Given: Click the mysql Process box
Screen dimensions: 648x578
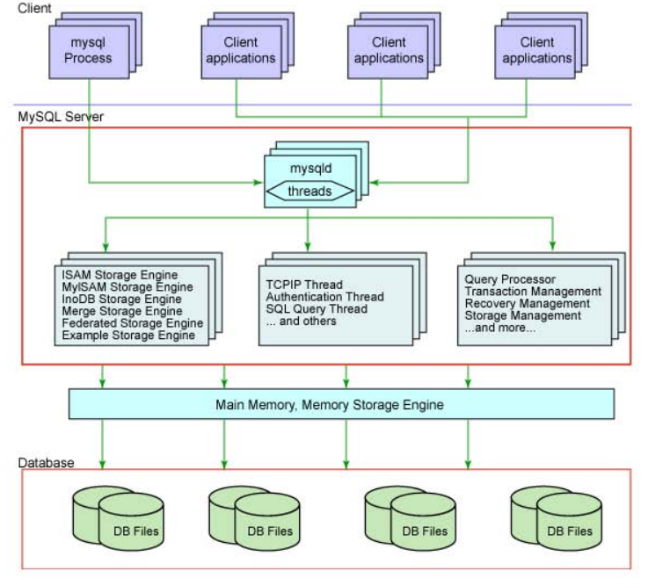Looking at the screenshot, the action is [x=89, y=52].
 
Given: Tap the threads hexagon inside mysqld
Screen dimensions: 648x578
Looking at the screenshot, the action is [x=310, y=191].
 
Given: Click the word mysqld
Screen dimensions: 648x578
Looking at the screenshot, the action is [x=310, y=169].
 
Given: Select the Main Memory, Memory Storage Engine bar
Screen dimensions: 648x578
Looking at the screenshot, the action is [x=341, y=404].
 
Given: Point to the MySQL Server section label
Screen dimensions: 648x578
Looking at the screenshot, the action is [x=61, y=117].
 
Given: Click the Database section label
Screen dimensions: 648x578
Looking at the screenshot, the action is [x=46, y=463].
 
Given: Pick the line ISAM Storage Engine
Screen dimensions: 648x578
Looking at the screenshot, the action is [x=120, y=275].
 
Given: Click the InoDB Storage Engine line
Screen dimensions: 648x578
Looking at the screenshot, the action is [x=121, y=299].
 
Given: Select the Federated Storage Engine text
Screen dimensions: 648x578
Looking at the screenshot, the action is [x=132, y=323].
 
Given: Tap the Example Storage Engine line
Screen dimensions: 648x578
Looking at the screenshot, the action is [x=128, y=336].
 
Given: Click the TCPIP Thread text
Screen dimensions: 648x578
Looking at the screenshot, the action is [x=304, y=285].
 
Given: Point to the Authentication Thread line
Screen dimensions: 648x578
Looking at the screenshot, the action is [x=324, y=296].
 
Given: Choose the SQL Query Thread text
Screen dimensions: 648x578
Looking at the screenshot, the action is [x=317, y=309].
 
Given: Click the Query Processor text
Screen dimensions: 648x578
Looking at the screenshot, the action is [x=510, y=279].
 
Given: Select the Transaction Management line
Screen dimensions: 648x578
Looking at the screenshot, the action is [x=533, y=291].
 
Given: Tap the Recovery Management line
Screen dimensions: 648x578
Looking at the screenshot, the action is [x=528, y=303].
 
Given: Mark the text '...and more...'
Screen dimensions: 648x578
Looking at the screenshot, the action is [x=500, y=328].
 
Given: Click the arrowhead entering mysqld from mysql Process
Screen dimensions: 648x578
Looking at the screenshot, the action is [x=258, y=183].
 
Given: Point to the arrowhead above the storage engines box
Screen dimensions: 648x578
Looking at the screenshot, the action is [x=106, y=247].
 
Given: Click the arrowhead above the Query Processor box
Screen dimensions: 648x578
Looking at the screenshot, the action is [x=553, y=245].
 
